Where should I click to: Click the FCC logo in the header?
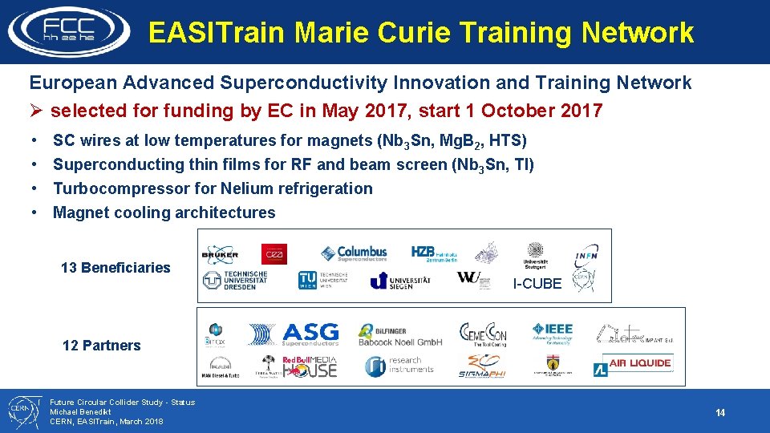pos(68,30)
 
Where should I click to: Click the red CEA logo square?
pos(273,253)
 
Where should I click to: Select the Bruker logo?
pos(220,253)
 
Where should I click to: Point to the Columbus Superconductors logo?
pos(354,253)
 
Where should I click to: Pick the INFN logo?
pos(586,256)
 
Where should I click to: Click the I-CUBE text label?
pos(537,284)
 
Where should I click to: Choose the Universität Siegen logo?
pos(400,281)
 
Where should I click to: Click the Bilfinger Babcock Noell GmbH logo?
pos(400,334)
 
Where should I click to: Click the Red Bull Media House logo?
pos(310,366)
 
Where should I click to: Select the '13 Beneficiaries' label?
pos(115,268)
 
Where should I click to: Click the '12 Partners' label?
pos(101,346)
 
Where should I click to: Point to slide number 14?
pos(719,413)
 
